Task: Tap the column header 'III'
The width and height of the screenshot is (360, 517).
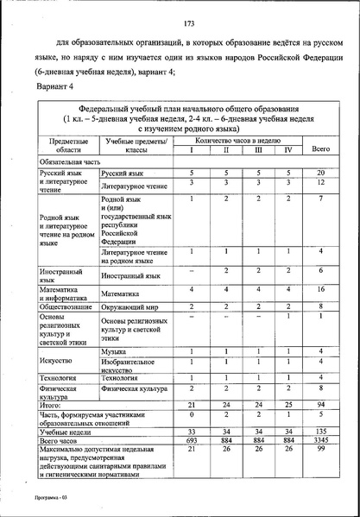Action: tap(256, 150)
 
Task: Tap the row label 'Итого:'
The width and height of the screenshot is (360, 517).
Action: tap(50, 403)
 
